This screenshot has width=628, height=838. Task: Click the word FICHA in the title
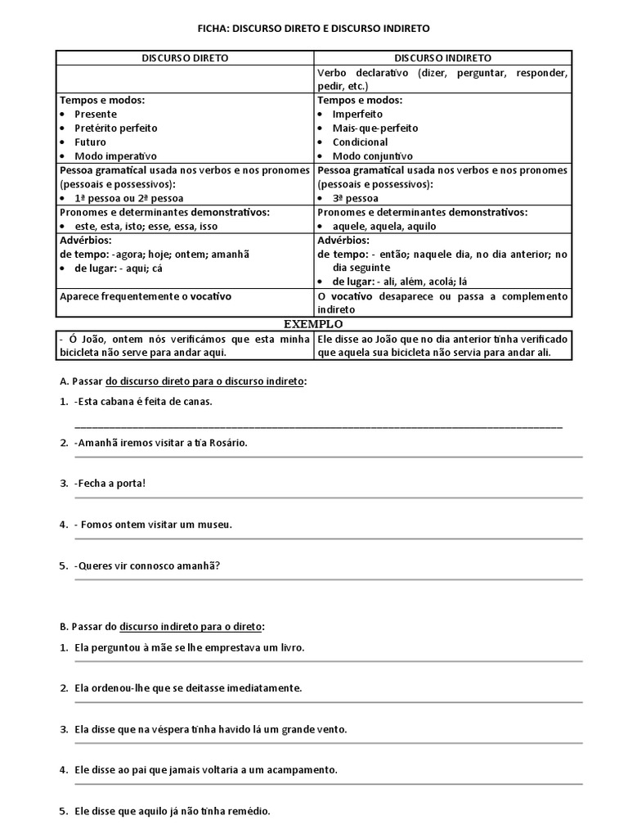point(214,29)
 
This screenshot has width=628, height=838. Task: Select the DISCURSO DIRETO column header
point(185,59)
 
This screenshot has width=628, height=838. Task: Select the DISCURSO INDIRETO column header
point(443,59)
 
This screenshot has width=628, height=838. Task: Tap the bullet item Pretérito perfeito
point(115,128)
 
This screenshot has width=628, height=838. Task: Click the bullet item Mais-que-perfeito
point(375,128)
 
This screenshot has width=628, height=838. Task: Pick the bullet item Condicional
point(360,142)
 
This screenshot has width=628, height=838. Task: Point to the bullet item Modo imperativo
point(115,155)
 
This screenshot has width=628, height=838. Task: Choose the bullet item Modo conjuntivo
point(372,155)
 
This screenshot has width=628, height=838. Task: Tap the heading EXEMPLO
point(313,325)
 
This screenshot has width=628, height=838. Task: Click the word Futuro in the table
point(90,142)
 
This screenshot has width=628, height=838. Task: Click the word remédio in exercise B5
point(249,812)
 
